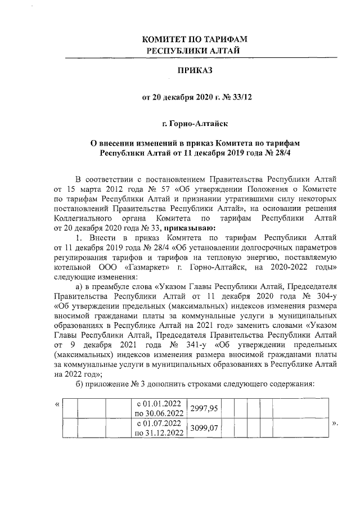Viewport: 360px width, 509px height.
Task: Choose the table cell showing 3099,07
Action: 205,428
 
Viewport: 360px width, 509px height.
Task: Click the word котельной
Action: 75,267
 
